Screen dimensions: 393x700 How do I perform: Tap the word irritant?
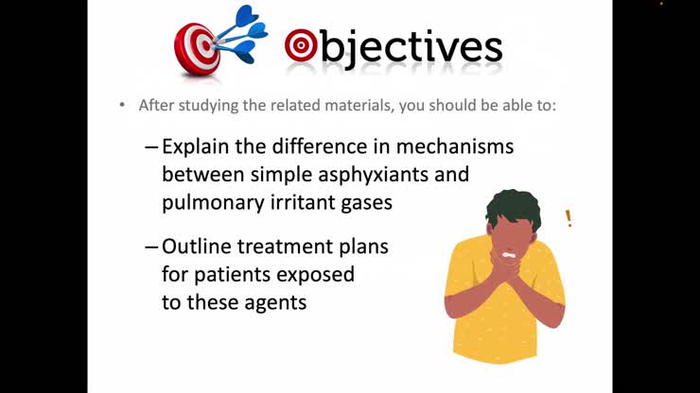tap(309, 202)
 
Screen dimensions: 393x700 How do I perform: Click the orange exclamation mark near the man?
tap(569, 219)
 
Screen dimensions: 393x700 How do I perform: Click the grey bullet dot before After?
tap(122, 105)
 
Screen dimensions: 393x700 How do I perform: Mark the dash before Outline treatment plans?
tap(151, 248)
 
